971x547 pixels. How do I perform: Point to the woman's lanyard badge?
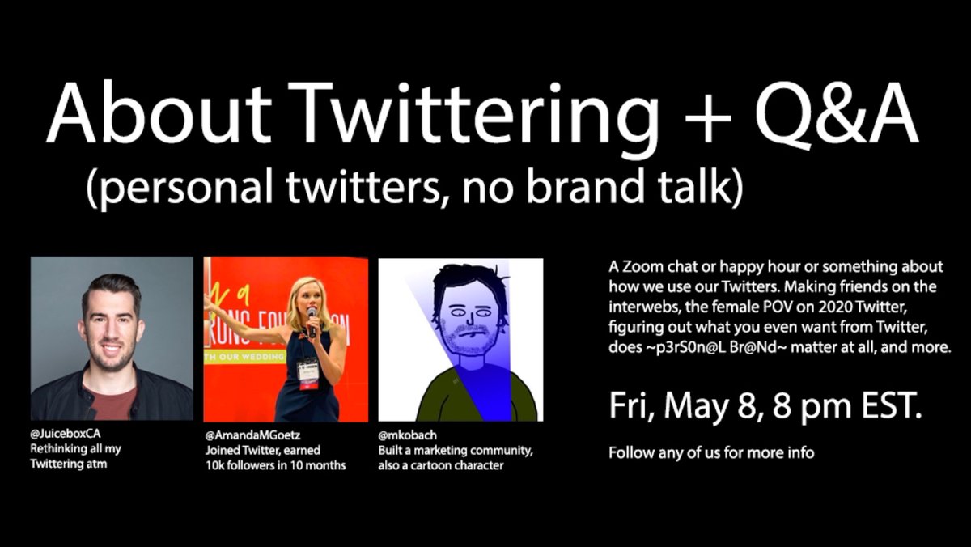308,374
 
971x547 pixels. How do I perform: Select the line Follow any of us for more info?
711,452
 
